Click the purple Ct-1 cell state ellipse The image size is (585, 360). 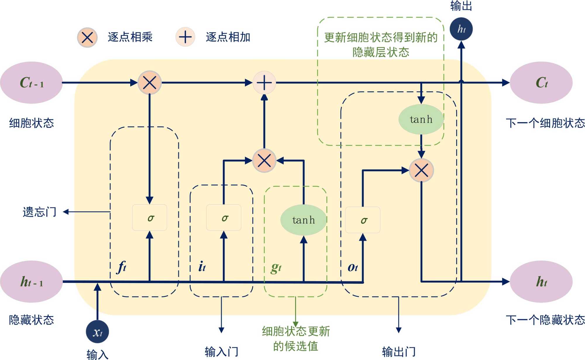pos(31,83)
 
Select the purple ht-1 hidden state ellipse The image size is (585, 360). pos(31,282)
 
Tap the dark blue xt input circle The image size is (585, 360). pos(97,332)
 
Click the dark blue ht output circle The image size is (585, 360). pos(461,29)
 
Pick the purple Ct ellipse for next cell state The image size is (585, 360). pos(541,83)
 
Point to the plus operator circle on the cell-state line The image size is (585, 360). pos(264,83)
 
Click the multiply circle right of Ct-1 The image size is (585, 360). pos(149,83)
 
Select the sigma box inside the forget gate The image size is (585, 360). pos(149,217)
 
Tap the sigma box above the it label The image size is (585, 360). pos(224,217)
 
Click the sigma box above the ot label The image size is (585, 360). pos(363,220)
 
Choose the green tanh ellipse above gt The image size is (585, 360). pos(303,220)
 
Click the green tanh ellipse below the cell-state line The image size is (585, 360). pos(421,119)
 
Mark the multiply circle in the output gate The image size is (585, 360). pos(421,170)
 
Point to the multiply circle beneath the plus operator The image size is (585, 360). pos(264,160)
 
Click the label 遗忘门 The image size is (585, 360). pos(39,212)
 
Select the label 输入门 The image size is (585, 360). pos(221,351)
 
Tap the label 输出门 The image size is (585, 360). pos(399,351)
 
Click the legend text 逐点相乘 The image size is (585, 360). pos(130,37)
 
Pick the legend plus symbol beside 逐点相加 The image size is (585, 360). pos(185,37)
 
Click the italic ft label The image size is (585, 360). pos(122,267)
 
